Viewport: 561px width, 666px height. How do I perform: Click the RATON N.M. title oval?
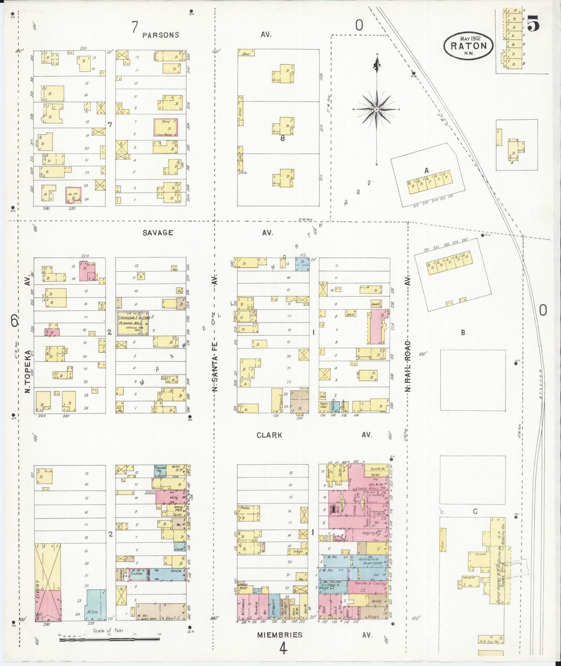pyautogui.click(x=468, y=45)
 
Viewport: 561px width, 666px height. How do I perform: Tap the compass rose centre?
pyautogui.click(x=376, y=110)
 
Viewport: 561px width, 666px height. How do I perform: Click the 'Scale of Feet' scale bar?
pyautogui.click(x=109, y=638)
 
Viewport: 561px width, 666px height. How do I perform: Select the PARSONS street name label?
pyautogui.click(x=161, y=35)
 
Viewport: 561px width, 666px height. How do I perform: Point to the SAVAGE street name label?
pyautogui.click(x=158, y=233)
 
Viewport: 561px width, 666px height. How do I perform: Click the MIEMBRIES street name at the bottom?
pyautogui.click(x=280, y=635)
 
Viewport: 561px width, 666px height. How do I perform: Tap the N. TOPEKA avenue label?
pyautogui.click(x=28, y=371)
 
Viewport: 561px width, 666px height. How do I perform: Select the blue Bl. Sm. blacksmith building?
pyautogui.click(x=96, y=605)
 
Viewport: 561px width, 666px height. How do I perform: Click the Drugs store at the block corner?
pyautogui.click(x=372, y=616)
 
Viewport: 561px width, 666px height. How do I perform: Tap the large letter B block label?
pyautogui.click(x=463, y=333)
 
